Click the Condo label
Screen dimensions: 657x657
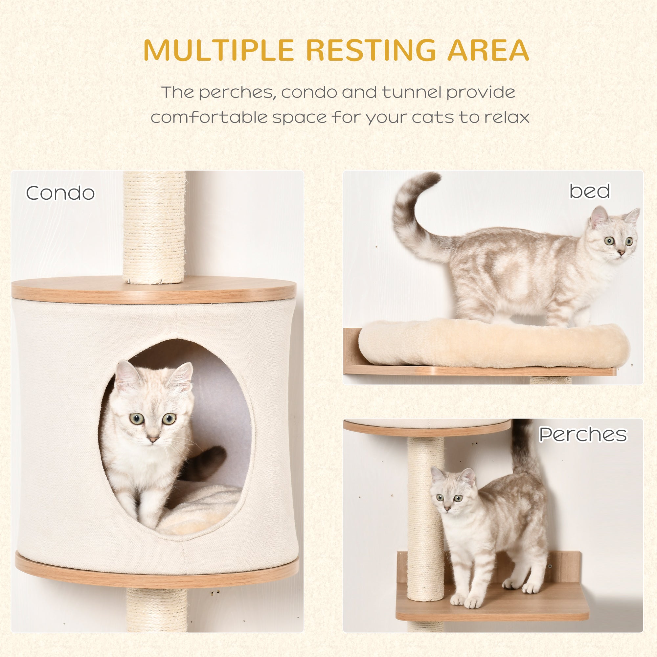60,193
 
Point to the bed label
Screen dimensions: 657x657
590,191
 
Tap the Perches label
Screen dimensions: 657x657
583,434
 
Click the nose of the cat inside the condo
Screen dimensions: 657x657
153,439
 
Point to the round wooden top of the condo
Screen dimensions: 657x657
154,289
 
